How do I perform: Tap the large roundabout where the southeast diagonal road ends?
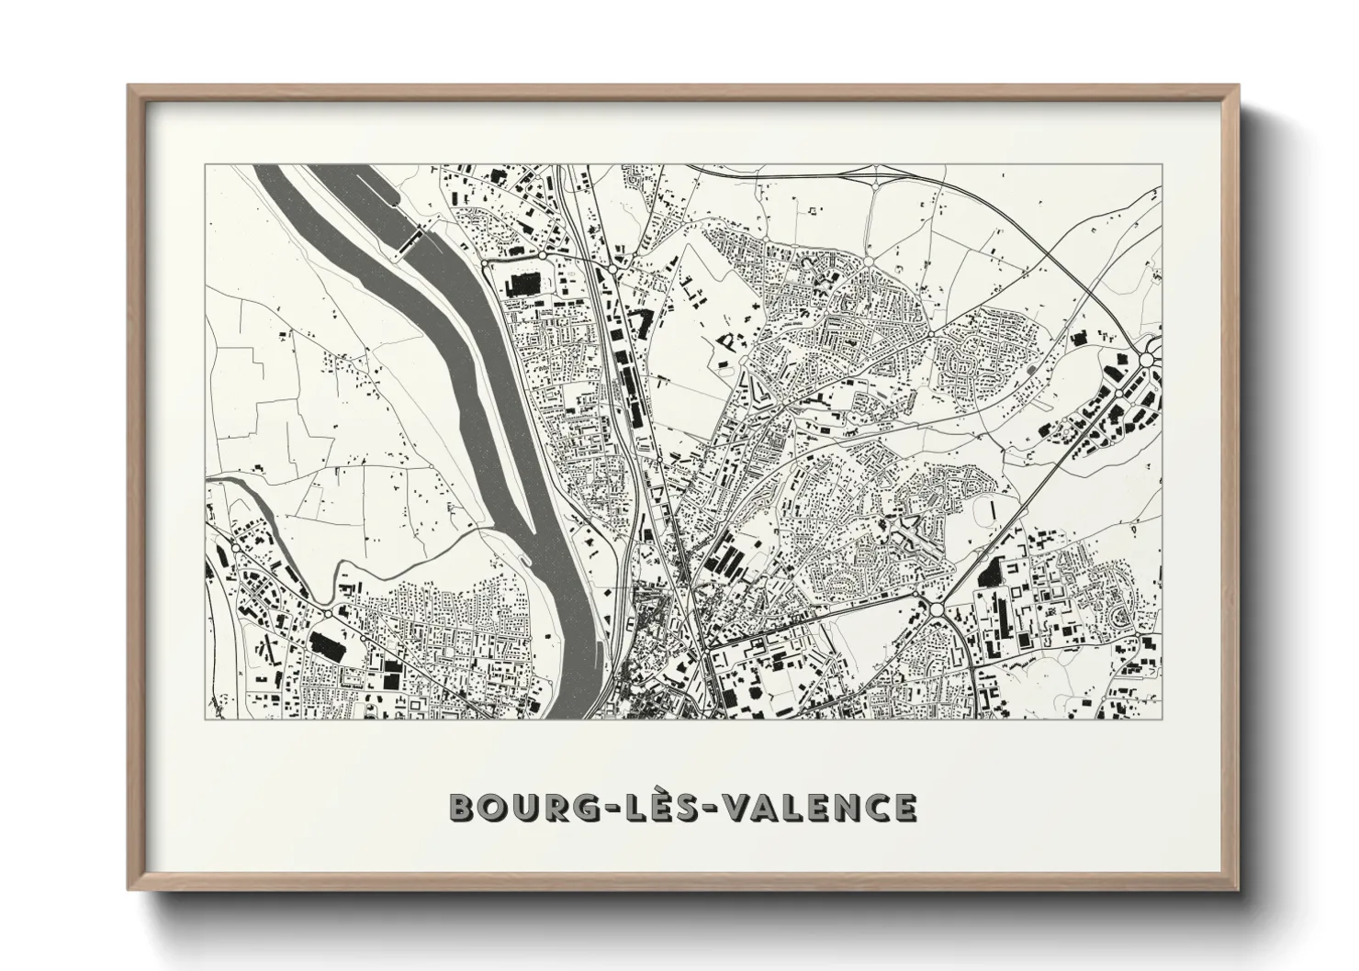[937, 609]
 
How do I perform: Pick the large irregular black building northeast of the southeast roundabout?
[992, 572]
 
